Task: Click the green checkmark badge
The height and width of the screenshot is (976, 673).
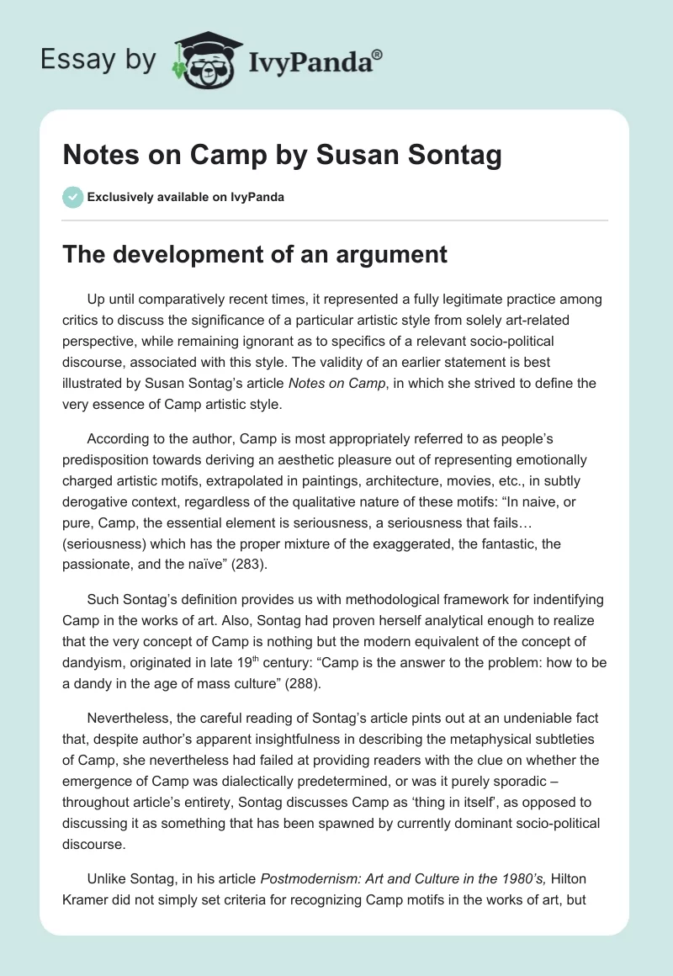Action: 72,197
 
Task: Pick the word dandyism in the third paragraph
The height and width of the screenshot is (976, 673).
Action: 93,660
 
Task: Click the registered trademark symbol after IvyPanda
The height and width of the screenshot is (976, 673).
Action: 379,53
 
